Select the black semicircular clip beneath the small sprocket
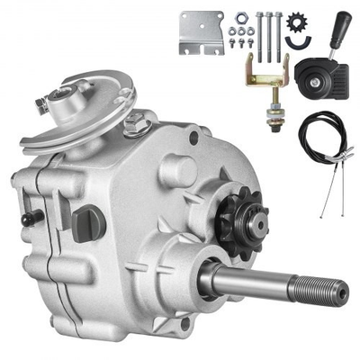293,40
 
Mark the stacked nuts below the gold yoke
268,115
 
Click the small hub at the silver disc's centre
66,102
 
